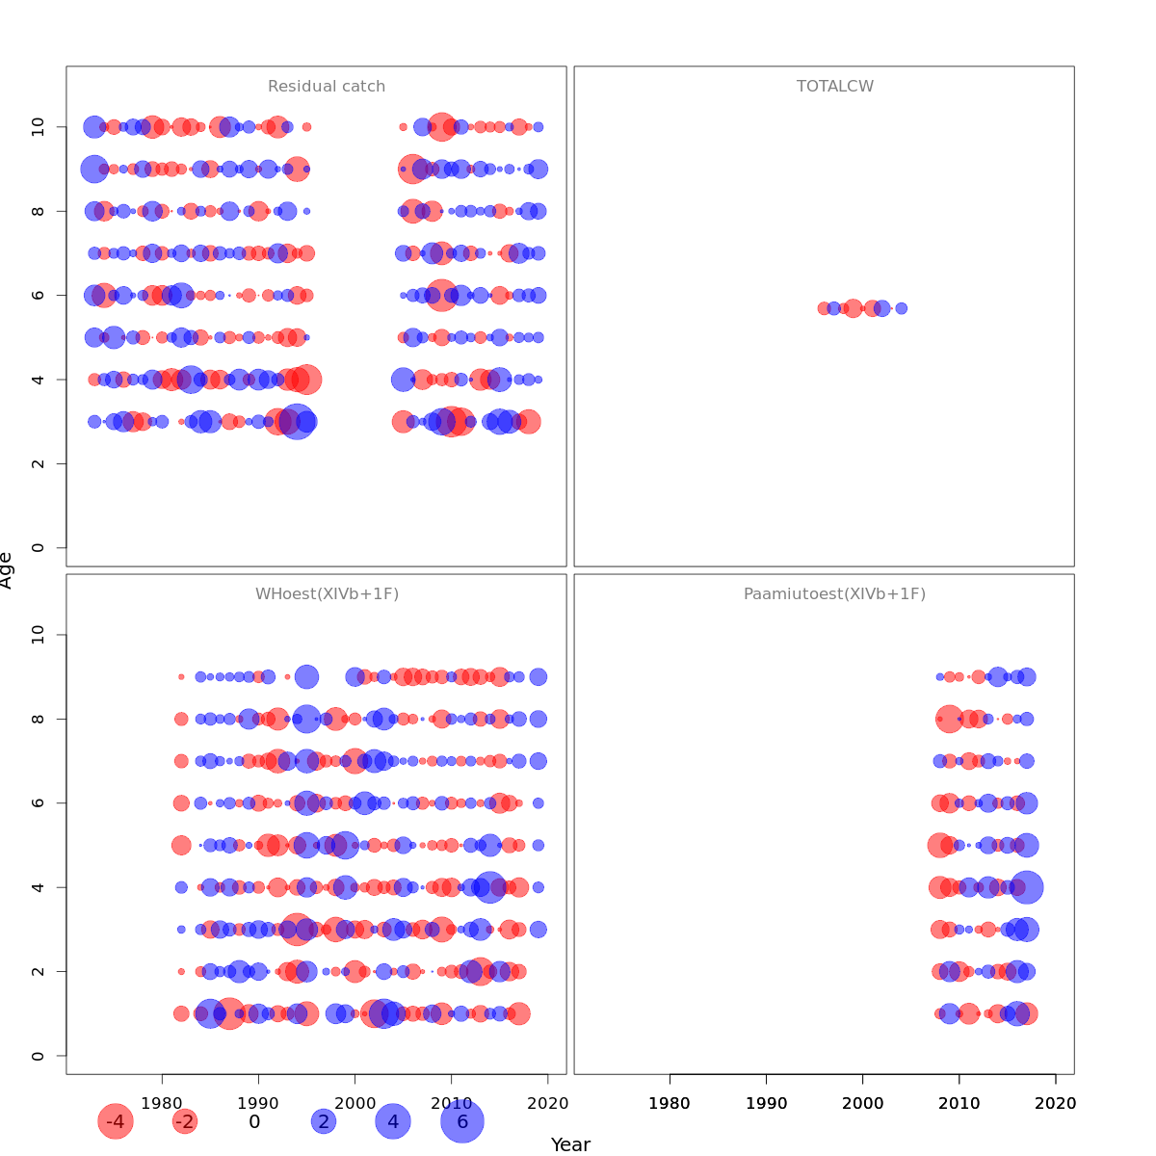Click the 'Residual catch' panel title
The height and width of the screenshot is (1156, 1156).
(x=327, y=87)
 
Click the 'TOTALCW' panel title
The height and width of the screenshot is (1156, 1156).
(x=835, y=87)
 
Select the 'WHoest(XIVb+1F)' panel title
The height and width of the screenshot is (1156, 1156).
(x=327, y=594)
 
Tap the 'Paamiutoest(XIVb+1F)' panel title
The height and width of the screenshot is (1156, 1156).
(x=834, y=594)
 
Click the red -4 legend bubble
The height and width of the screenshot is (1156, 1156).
(x=115, y=1121)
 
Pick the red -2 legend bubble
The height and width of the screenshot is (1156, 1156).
(x=184, y=1121)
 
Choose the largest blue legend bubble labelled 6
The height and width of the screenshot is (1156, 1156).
(x=462, y=1121)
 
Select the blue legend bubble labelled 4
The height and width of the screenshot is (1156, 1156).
(x=392, y=1121)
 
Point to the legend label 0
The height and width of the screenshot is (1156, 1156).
(x=254, y=1121)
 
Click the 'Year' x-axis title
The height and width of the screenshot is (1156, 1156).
(x=570, y=1144)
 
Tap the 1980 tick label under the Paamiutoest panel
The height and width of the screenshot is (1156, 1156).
(x=670, y=1103)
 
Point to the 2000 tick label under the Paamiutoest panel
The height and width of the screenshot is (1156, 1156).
(x=862, y=1103)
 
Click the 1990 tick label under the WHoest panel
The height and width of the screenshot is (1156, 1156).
(x=258, y=1103)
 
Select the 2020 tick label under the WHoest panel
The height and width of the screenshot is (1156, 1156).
(x=548, y=1103)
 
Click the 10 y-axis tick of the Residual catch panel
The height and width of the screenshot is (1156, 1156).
(x=39, y=127)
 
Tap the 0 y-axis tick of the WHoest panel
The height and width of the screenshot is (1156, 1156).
(x=39, y=1056)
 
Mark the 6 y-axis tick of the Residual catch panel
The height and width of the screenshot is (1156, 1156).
(x=39, y=295)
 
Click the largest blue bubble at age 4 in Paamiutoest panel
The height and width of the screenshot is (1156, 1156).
(x=1027, y=887)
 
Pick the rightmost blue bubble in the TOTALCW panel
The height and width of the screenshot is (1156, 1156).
(x=902, y=308)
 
